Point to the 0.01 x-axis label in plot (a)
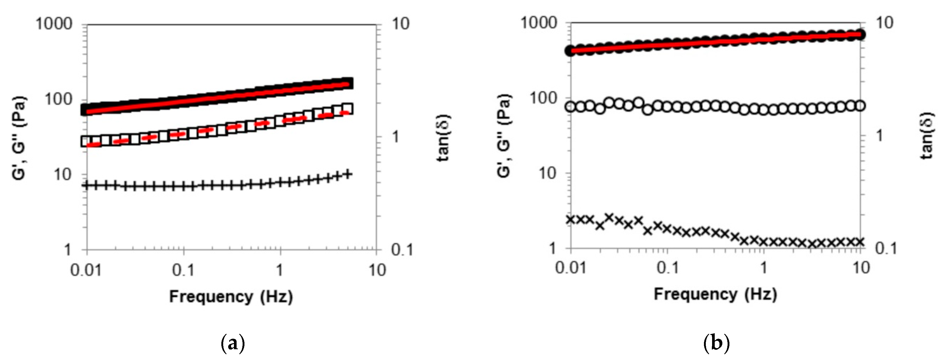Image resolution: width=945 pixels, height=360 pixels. (x=86, y=270)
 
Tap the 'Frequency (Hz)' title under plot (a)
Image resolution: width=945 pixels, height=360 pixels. (x=231, y=296)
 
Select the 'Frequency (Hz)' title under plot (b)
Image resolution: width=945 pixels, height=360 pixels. (x=715, y=295)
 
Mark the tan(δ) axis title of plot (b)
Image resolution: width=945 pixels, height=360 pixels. (x=928, y=136)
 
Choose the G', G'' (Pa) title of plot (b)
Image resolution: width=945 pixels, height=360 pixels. (x=504, y=136)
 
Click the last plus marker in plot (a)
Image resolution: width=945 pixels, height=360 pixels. (x=347, y=174)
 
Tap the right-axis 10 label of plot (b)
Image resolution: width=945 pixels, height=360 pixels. (x=885, y=23)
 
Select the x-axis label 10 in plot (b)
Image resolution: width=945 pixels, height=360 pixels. (x=860, y=268)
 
